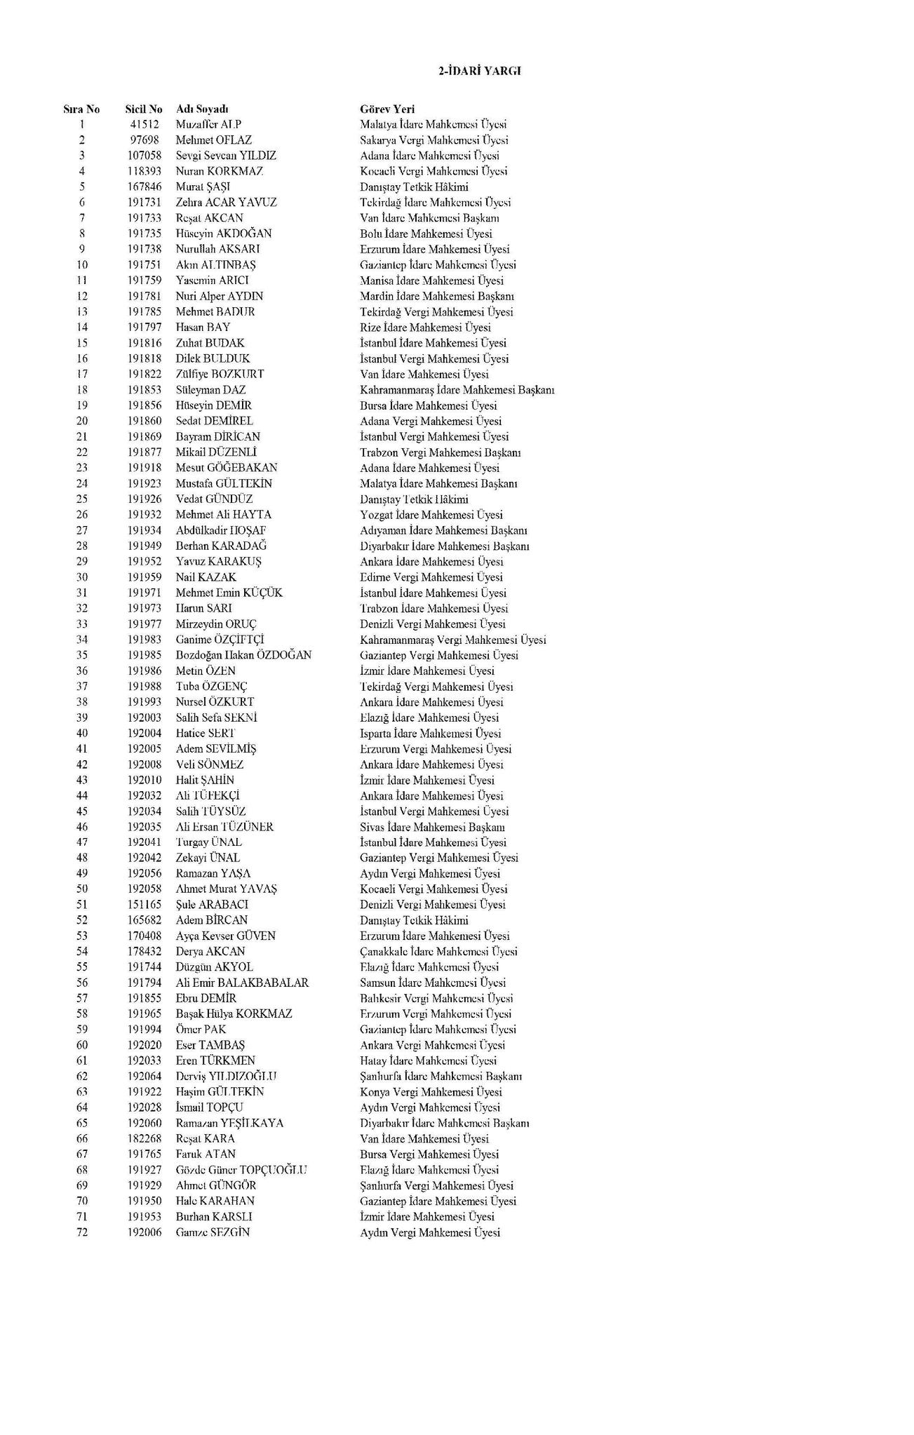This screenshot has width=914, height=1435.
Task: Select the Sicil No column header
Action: coord(144,109)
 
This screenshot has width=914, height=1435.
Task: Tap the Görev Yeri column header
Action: coord(387,109)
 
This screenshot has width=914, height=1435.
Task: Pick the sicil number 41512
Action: coord(145,125)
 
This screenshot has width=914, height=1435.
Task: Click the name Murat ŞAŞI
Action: coord(203,187)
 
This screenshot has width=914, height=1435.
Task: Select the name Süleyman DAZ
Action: coord(210,390)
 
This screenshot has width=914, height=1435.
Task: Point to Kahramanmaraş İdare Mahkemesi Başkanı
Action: coord(457,390)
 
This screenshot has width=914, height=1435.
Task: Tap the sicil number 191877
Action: coord(145,452)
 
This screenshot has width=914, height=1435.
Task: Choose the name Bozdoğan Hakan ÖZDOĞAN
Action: coord(243,655)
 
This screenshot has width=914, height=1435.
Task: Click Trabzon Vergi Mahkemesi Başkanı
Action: coord(440,452)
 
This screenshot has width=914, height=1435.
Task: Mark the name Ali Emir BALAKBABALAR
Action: coord(242,983)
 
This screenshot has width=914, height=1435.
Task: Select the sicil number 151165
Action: coord(145,905)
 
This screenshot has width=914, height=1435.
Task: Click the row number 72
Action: coord(82,1232)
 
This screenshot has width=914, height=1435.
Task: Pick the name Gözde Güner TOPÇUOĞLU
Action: coord(241,1170)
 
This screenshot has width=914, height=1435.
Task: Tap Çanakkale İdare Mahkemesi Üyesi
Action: coord(438,952)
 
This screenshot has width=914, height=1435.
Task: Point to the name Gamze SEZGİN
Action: coord(213,1232)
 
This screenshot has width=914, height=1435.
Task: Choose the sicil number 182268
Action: coord(145,1138)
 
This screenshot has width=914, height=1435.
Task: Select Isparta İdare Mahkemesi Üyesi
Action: coord(430,734)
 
